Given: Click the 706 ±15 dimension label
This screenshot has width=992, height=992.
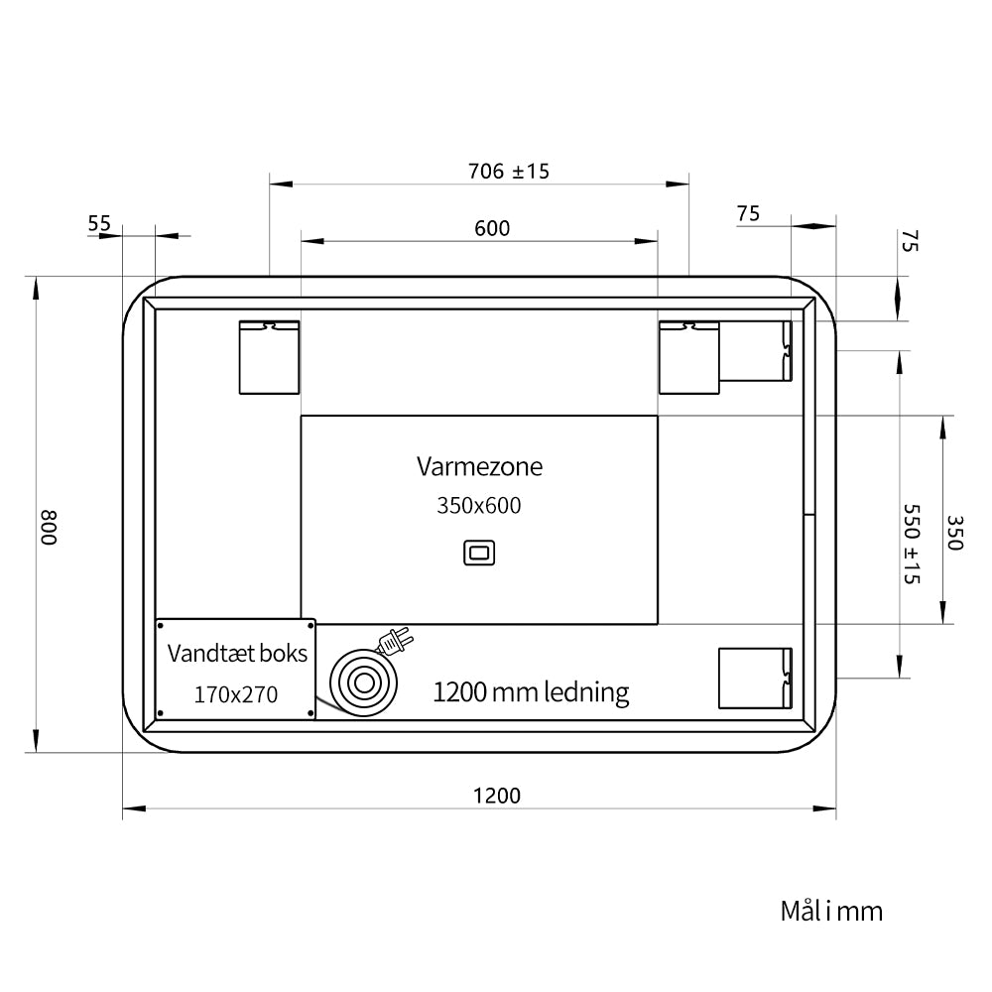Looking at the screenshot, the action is click(509, 172).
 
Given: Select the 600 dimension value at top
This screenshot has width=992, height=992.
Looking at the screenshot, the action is click(492, 228).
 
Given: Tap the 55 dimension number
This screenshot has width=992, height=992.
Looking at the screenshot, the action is click(98, 223).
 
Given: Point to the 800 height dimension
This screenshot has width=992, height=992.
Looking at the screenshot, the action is click(49, 528).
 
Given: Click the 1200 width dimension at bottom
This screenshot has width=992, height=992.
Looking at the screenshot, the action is click(497, 796).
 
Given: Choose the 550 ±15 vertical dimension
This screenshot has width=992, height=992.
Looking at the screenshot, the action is click(911, 544).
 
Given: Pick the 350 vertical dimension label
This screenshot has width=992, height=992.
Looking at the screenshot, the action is click(954, 533).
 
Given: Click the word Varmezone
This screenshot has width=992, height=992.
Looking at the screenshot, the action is click(479, 467).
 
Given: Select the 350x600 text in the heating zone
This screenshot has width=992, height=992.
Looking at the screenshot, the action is click(479, 506).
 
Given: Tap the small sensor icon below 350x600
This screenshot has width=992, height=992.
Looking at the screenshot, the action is click(479, 553).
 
